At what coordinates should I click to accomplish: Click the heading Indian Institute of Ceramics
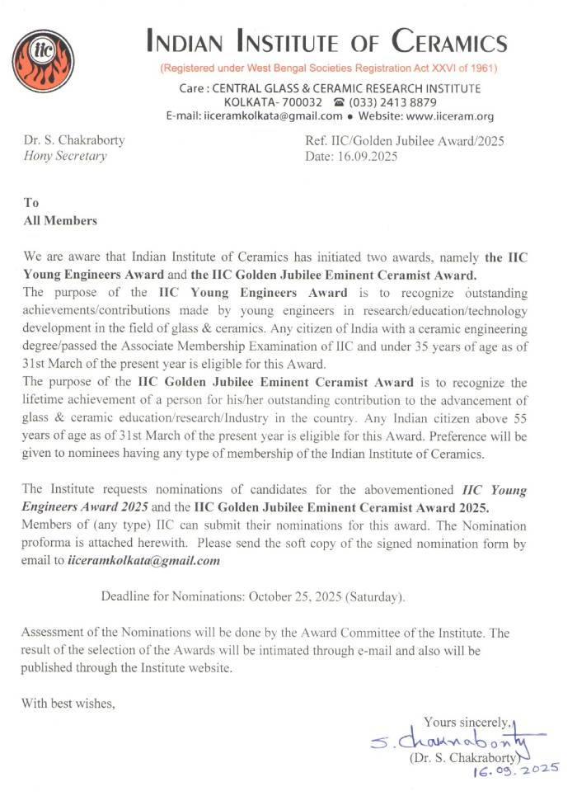coord(326,40)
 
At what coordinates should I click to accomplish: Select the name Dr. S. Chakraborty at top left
coord(75,140)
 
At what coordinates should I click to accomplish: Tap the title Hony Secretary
coord(66,156)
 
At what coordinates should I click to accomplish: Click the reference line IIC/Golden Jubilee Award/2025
coord(404,140)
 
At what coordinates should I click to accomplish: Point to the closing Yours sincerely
coord(467,723)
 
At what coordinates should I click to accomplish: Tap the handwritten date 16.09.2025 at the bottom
coord(515,770)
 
